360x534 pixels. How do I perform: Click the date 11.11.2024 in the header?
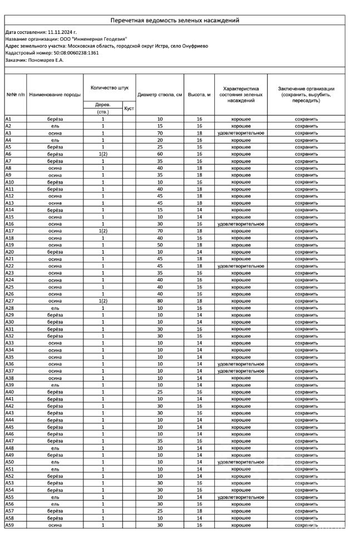[x=60, y=33]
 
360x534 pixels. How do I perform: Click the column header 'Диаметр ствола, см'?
[x=160, y=95]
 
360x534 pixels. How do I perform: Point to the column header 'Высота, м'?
[x=199, y=95]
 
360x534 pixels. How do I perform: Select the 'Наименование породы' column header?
[x=55, y=95]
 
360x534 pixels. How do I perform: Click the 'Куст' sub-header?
[x=129, y=108]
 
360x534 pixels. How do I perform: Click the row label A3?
[x=8, y=133]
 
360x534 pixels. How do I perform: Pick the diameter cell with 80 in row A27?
[x=160, y=301]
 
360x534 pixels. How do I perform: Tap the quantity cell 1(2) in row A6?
[x=102, y=154]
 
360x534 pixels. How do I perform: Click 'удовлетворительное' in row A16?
[x=241, y=224]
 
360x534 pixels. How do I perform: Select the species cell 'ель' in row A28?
[x=55, y=308]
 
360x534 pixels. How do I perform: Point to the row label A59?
[x=9, y=525]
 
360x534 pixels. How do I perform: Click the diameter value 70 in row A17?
[x=160, y=231]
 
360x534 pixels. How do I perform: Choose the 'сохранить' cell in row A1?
[x=306, y=119]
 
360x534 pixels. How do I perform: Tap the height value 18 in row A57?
[x=199, y=511]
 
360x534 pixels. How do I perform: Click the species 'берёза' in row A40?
[x=55, y=392]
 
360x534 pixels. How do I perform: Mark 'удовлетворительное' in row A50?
[x=241, y=462]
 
